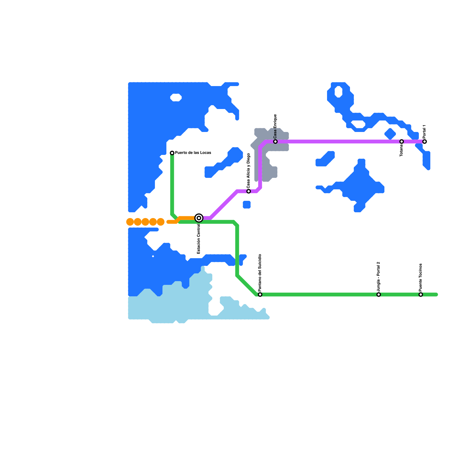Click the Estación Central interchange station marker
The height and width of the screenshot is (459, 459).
(199, 218)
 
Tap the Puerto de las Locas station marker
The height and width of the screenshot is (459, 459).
(172, 153)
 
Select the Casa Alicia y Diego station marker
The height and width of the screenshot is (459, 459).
(248, 191)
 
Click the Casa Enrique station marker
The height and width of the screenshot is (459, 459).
(275, 141)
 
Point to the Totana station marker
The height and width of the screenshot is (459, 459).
(402, 141)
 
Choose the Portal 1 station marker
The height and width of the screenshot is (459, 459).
(425, 141)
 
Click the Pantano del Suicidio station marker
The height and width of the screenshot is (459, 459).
(260, 295)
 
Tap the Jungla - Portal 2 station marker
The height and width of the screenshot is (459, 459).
(379, 295)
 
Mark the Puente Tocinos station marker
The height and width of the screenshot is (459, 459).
(421, 295)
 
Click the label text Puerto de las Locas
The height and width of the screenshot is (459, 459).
(193, 153)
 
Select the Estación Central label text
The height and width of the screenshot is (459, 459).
(199, 239)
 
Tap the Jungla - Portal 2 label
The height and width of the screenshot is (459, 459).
(378, 277)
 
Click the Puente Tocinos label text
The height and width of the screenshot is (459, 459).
(420, 277)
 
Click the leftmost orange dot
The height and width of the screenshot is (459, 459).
(130, 222)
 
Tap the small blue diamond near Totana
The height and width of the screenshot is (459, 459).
(390, 134)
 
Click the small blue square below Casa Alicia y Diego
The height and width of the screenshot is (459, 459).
(247, 205)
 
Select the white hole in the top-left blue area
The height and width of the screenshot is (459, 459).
(176, 98)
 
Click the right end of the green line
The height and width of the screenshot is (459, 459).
(436, 295)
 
